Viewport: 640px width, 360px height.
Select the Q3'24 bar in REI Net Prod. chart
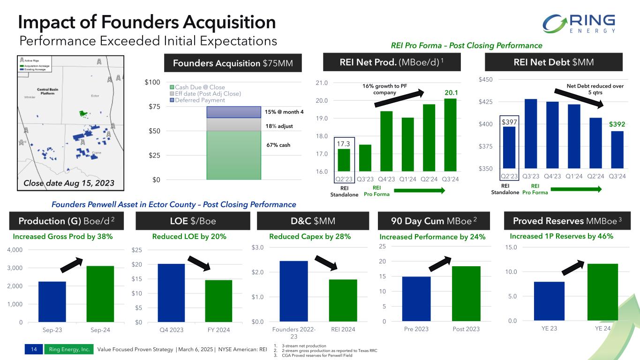(x=451, y=135)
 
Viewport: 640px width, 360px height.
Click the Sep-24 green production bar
(x=100, y=294)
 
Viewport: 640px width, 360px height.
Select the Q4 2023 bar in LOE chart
(x=171, y=293)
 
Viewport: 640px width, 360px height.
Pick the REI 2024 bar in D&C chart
(x=343, y=300)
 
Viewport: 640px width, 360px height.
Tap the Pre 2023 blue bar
(x=416, y=299)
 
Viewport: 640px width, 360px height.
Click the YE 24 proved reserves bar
(x=602, y=292)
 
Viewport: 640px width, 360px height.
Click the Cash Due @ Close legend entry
(x=200, y=87)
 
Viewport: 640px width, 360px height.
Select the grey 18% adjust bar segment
(x=233, y=124)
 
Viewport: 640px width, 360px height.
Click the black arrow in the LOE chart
(x=199, y=263)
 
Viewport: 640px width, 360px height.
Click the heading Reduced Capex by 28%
(x=310, y=237)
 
